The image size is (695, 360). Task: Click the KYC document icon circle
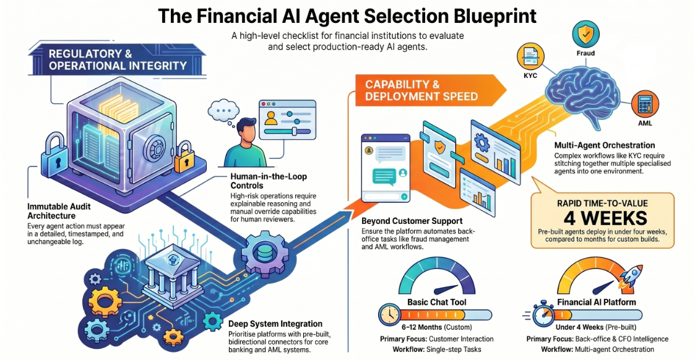(x=530, y=56)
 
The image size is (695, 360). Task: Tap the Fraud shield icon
(x=585, y=33)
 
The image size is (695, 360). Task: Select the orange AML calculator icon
(x=645, y=105)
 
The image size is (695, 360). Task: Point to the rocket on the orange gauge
(x=631, y=275)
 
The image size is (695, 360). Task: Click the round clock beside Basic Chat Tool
(x=390, y=315)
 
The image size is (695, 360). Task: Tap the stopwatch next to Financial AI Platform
(x=542, y=315)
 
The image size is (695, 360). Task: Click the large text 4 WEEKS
(x=605, y=218)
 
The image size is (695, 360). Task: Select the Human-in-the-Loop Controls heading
(x=269, y=181)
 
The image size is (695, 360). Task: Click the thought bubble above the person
(x=223, y=110)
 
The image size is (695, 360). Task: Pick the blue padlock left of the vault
(x=56, y=156)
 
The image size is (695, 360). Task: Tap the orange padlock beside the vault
(x=184, y=158)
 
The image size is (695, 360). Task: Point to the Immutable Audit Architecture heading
(x=59, y=211)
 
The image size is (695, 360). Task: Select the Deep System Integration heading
(x=275, y=324)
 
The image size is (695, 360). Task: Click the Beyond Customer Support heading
(x=412, y=221)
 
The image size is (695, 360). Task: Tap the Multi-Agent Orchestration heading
(x=605, y=145)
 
